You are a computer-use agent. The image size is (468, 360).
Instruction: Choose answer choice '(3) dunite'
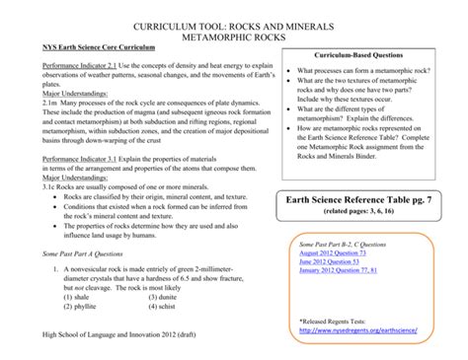[x=164, y=295]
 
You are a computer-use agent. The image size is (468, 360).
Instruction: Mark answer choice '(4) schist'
[x=163, y=306]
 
